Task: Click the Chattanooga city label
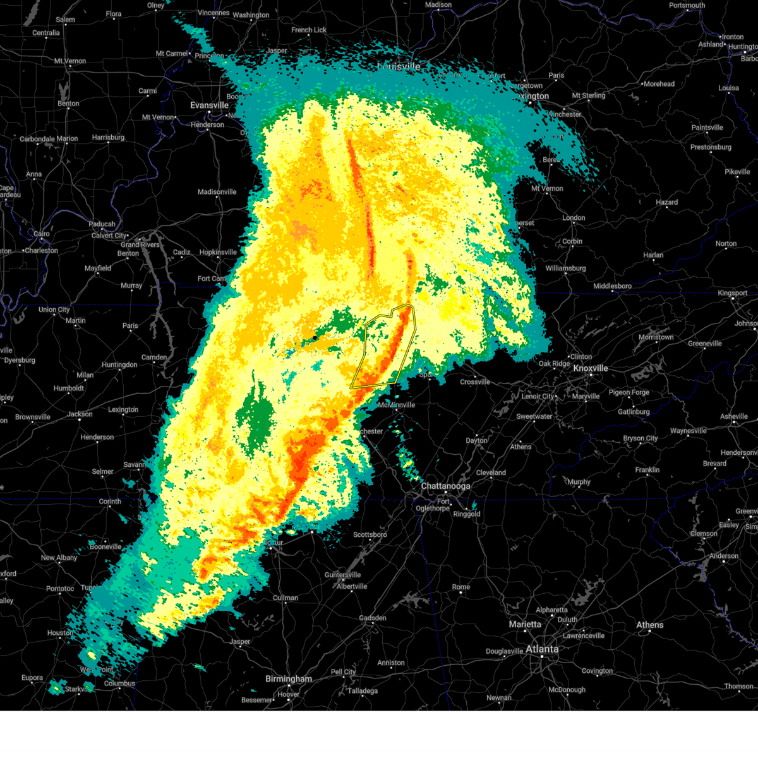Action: coord(446,486)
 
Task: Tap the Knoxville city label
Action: coord(590,368)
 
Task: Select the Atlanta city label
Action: coord(542,649)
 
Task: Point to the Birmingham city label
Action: coord(289,679)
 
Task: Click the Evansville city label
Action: coord(209,105)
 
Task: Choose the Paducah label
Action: coord(102,224)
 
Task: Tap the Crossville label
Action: coord(475,382)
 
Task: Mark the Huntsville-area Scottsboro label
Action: coord(370,534)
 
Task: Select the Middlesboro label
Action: coord(612,286)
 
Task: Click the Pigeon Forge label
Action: coord(629,392)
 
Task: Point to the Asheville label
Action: coord(735,416)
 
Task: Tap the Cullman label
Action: coord(286,598)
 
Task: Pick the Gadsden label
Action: coord(373,618)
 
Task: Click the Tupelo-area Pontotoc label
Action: coord(60,589)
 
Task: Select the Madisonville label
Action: coord(217,192)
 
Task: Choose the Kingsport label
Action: coord(732,293)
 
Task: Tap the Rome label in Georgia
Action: coord(461,587)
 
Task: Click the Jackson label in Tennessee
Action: coord(80,414)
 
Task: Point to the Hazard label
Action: coord(666,202)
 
